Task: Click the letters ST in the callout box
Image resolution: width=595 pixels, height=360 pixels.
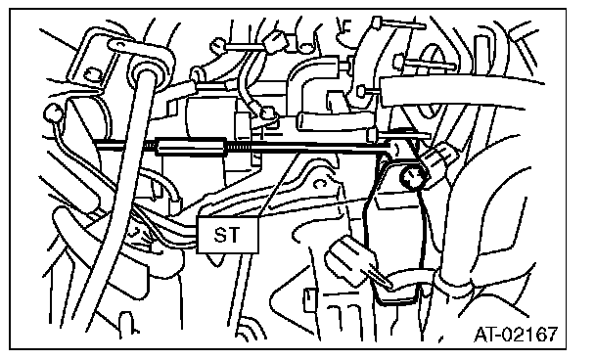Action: pyautogui.click(x=226, y=235)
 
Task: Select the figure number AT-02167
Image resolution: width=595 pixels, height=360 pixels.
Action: pyautogui.click(x=516, y=334)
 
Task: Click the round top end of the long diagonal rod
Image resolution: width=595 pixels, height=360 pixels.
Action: pyautogui.click(x=144, y=71)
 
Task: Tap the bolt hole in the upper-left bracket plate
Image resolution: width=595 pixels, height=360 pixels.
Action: pyautogui.click(x=90, y=74)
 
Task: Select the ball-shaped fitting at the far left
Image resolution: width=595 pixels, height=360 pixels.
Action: pyautogui.click(x=53, y=113)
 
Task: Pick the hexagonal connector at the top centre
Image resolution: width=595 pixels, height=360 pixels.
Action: pyautogui.click(x=276, y=40)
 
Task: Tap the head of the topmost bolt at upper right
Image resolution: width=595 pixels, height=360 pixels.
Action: pyautogui.click(x=377, y=22)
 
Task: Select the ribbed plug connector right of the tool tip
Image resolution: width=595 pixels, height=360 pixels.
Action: pyautogui.click(x=439, y=157)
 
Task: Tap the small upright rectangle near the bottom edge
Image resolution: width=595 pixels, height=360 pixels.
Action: pyautogui.click(x=309, y=300)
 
